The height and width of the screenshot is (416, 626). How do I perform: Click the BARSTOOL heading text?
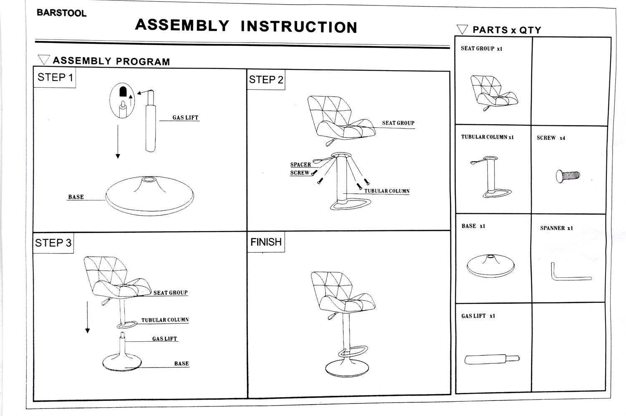(61, 13)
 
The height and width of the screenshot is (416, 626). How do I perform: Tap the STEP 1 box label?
(55, 78)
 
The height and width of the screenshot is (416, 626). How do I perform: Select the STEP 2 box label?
(266, 80)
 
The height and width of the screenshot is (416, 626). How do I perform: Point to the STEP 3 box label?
(53, 243)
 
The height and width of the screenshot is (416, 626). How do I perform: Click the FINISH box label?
(266, 242)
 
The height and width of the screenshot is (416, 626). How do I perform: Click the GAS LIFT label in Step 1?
(185, 118)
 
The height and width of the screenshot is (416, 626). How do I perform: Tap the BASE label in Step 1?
(76, 197)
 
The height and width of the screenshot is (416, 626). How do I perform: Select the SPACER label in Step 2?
(300, 165)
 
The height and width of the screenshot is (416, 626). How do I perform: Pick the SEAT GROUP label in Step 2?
(398, 123)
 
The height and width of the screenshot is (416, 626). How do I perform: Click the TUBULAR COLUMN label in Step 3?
(165, 320)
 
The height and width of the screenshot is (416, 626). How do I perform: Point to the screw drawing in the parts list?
(568, 176)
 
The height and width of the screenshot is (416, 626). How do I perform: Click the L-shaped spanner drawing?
(570, 274)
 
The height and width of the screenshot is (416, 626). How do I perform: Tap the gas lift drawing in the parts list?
(492, 359)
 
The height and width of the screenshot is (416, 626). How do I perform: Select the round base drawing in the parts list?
(490, 266)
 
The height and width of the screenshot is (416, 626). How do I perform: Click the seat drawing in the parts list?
(493, 92)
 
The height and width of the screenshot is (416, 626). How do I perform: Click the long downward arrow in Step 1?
(118, 142)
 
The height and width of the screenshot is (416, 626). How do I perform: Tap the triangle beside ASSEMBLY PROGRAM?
(43, 60)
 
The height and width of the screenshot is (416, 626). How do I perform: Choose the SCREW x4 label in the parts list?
(551, 138)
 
